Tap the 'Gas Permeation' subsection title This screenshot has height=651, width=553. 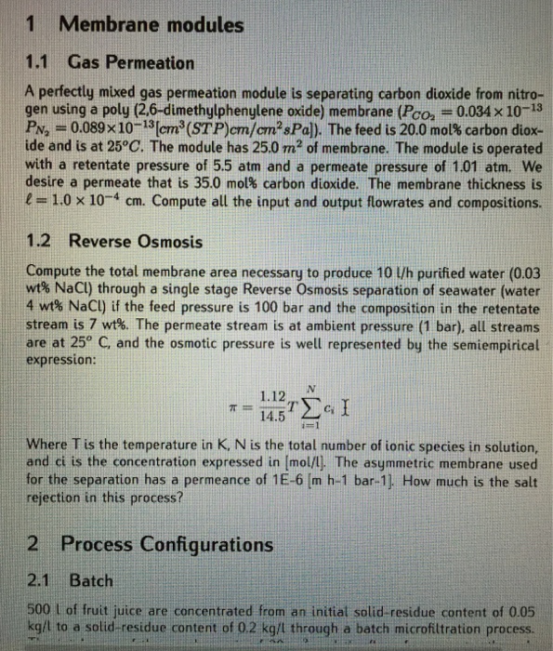[131, 63]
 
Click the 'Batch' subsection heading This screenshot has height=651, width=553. [91, 581]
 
